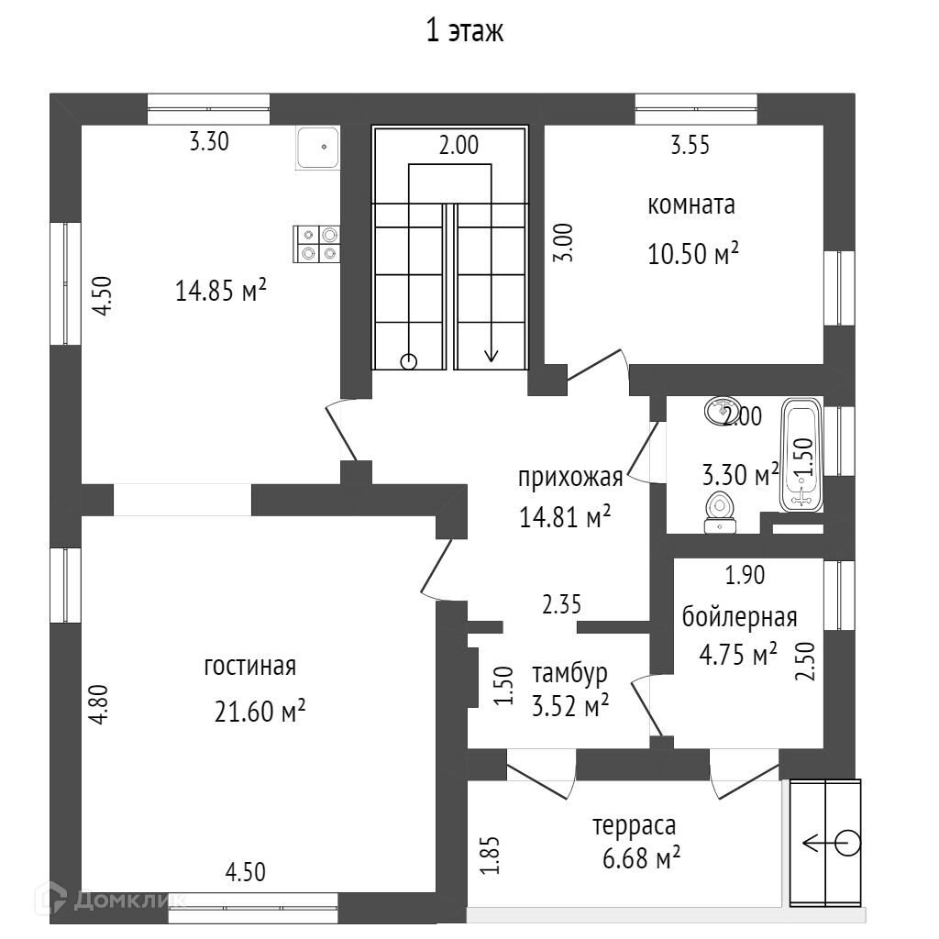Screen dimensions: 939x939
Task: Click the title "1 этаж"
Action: tap(465, 31)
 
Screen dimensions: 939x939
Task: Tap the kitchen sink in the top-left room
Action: tap(317, 148)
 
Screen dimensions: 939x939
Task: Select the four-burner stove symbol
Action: tap(316, 244)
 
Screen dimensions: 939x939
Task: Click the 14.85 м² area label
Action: tap(220, 292)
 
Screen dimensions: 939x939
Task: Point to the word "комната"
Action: tap(691, 205)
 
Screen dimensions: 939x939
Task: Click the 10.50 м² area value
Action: tap(693, 254)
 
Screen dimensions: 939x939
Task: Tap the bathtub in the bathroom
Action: tap(801, 455)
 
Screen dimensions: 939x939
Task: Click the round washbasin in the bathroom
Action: tap(723, 411)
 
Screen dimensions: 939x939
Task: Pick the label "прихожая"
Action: tap(570, 479)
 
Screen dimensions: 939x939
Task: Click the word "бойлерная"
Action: tap(740, 617)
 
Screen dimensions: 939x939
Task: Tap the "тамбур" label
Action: tap(570, 674)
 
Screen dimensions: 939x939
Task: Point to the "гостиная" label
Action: tap(250, 666)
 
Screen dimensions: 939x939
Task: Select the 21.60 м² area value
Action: tap(260, 712)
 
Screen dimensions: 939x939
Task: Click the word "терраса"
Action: tap(635, 826)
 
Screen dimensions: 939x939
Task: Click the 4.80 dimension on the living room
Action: tap(100, 704)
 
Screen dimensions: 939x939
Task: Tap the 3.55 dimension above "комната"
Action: tap(690, 146)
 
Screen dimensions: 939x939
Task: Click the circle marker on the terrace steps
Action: tap(847, 844)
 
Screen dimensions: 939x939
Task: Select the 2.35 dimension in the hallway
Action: tap(562, 605)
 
